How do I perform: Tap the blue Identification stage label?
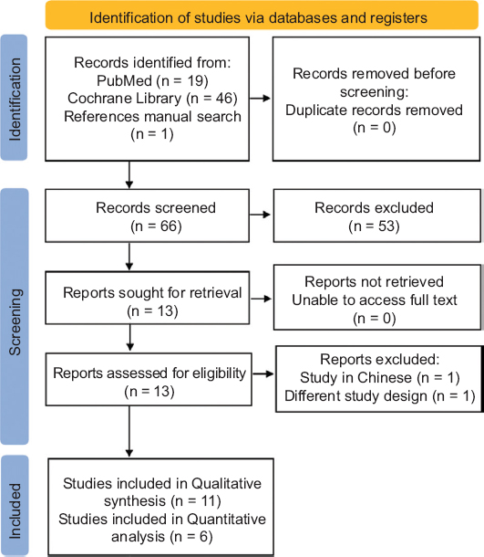(15, 98)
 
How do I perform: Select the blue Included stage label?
(15, 506)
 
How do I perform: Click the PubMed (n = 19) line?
(152, 80)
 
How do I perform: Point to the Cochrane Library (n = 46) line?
(152, 99)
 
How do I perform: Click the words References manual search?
(152, 117)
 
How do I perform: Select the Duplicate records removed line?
(374, 110)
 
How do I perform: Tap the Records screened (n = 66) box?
(147, 215)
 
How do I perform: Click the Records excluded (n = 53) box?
(377, 215)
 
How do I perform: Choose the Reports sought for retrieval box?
(147, 298)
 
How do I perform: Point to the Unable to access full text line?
(375, 300)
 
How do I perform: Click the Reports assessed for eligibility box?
(149, 379)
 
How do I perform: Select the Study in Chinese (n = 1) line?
(380, 378)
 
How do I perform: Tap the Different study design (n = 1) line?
(380, 396)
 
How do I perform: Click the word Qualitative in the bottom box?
(226, 483)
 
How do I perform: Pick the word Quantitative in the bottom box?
(226, 519)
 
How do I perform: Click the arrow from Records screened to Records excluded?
(260, 215)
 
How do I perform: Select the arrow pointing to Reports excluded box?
(263, 373)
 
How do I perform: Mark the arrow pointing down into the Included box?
(129, 432)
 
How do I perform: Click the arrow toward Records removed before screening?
(260, 99)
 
